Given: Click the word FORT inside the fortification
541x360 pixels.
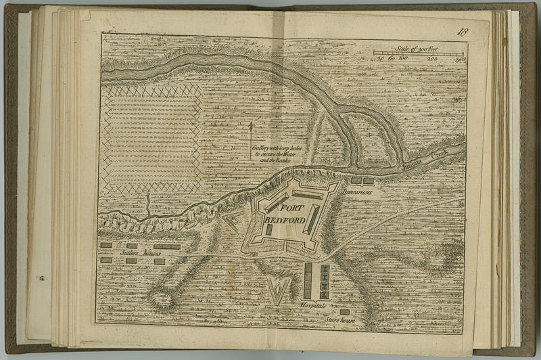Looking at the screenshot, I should [293, 208].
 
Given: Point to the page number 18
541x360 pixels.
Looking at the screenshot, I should [463, 32].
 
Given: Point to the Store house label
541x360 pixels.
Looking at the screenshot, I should [339, 319].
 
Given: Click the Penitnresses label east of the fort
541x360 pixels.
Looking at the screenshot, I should [358, 192].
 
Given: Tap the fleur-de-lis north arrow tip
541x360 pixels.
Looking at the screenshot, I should [251, 126].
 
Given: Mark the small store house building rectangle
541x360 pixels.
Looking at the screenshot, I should [345, 311].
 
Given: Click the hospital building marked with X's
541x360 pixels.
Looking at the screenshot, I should [325, 281].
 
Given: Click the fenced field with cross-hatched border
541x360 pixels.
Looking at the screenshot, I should [151, 138].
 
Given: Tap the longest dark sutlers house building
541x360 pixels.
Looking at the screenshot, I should [167, 246].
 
